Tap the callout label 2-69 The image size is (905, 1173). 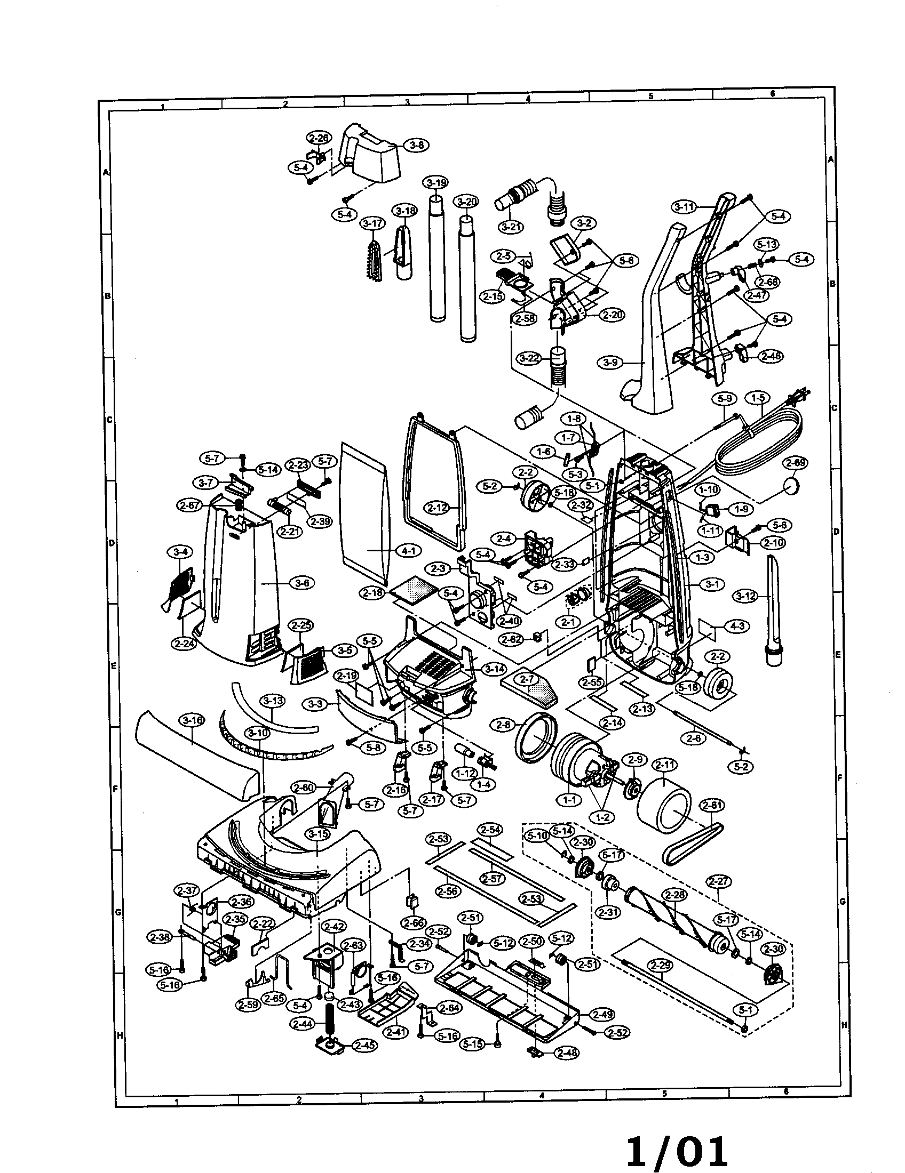pos(796,463)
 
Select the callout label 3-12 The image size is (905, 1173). pos(745,596)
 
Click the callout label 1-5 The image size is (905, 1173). pos(758,398)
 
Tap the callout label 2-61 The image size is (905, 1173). pos(711,805)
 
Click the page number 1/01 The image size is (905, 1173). pos(677,1147)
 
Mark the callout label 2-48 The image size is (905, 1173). pos(567,1053)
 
